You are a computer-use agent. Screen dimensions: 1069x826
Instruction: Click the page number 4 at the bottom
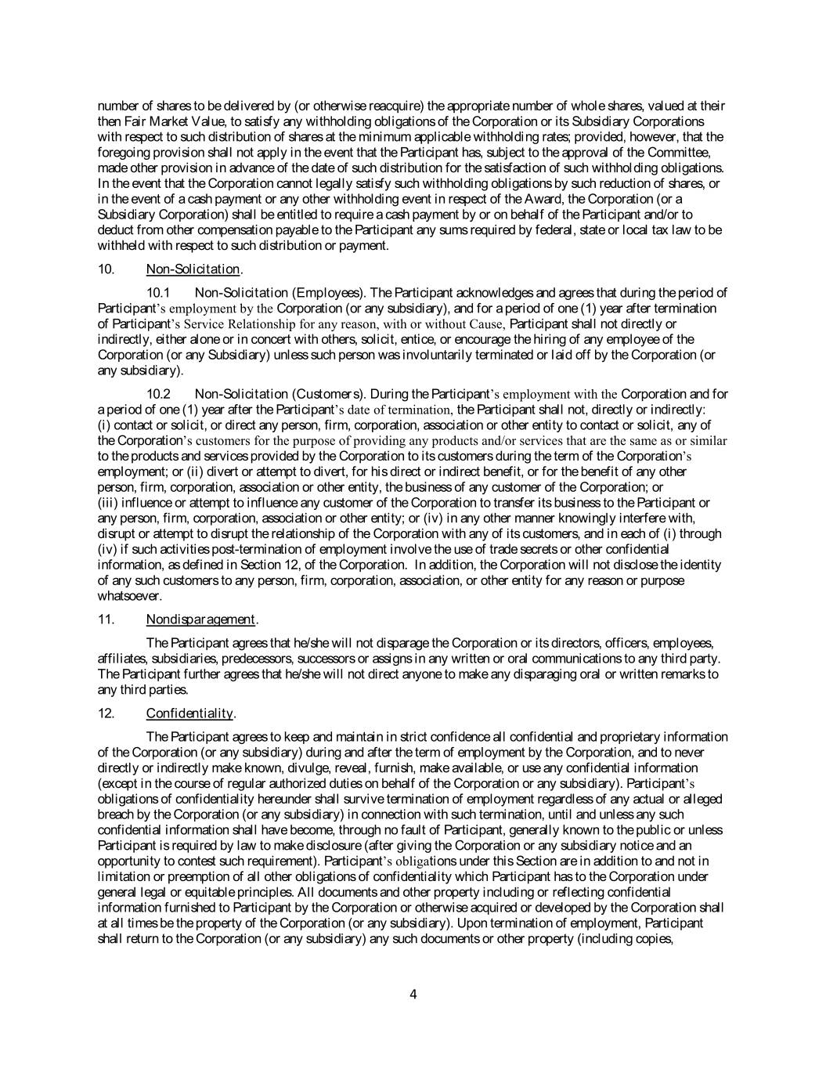pyautogui.click(x=413, y=995)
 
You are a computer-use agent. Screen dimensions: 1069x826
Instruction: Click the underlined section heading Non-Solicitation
pyautogui.click(x=193, y=269)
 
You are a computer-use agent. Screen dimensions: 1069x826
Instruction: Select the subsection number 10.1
pyautogui.click(x=159, y=293)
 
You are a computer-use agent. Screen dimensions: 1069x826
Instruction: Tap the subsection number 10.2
pyautogui.click(x=159, y=394)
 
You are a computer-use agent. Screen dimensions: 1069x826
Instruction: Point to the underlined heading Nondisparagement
pyautogui.click(x=200, y=619)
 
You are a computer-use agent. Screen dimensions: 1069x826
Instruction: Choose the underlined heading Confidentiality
pyautogui.click(x=189, y=713)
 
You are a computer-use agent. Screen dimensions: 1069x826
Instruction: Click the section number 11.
pyautogui.click(x=106, y=619)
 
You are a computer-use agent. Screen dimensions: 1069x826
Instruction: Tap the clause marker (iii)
pyautogui.click(x=109, y=503)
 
